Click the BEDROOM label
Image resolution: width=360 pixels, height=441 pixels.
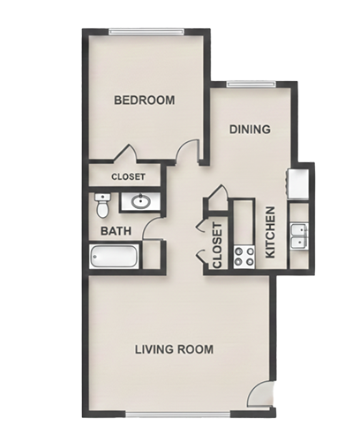click(x=144, y=100)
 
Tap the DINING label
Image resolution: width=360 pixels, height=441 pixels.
click(x=250, y=130)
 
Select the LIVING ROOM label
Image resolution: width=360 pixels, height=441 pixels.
click(x=174, y=349)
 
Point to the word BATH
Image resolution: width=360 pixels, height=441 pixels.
click(x=116, y=231)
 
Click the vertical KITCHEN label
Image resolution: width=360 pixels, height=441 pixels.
click(x=270, y=232)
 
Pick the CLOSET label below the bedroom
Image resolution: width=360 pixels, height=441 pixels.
click(x=128, y=176)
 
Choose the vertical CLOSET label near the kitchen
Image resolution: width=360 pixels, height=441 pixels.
click(x=217, y=245)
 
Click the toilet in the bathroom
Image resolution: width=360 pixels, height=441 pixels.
click(x=102, y=206)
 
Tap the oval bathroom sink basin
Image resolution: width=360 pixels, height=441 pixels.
click(x=140, y=201)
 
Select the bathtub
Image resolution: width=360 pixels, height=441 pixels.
click(x=114, y=256)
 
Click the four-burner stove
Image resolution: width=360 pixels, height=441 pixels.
click(x=244, y=257)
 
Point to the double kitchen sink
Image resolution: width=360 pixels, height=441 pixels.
click(x=299, y=236)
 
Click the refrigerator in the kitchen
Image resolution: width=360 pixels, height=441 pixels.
click(x=298, y=183)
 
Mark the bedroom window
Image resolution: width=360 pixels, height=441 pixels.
click(x=146, y=32)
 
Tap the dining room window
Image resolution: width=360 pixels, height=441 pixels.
click(x=251, y=85)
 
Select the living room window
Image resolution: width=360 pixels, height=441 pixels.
click(x=178, y=415)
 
